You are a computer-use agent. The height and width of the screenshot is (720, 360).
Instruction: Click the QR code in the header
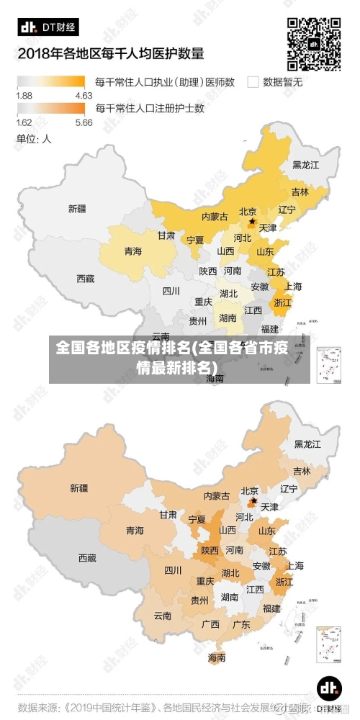coord(314,42)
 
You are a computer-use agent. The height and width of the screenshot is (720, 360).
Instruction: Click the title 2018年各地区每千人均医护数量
coord(111,53)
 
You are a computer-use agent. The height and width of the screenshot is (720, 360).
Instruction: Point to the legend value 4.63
coord(84,95)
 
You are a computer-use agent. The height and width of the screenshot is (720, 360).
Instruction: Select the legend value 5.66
coord(84,122)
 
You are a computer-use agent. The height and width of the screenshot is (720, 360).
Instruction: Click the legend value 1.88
coord(24,95)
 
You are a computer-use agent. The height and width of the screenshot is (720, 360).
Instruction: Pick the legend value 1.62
coord(24,122)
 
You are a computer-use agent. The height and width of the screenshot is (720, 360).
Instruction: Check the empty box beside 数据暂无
coord(253,82)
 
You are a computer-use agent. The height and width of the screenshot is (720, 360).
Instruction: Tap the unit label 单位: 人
coord(34,139)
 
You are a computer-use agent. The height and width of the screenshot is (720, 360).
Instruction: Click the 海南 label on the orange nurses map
coord(217,657)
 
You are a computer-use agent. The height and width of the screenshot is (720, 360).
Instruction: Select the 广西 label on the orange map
coord(210,624)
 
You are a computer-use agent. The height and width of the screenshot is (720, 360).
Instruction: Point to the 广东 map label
coord(241,624)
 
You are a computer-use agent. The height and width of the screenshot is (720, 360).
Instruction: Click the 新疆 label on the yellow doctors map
coord(77,209)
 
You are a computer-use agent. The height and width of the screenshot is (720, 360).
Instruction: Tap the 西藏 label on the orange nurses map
coord(86,557)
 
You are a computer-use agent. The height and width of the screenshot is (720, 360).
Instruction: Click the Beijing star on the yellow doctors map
coord(251,222)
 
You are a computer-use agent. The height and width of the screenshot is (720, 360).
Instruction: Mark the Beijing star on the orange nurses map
coord(253,500)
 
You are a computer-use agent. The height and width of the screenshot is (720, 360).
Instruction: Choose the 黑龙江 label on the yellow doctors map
coord(305,164)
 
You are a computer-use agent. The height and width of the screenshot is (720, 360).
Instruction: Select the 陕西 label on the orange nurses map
coord(210,550)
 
